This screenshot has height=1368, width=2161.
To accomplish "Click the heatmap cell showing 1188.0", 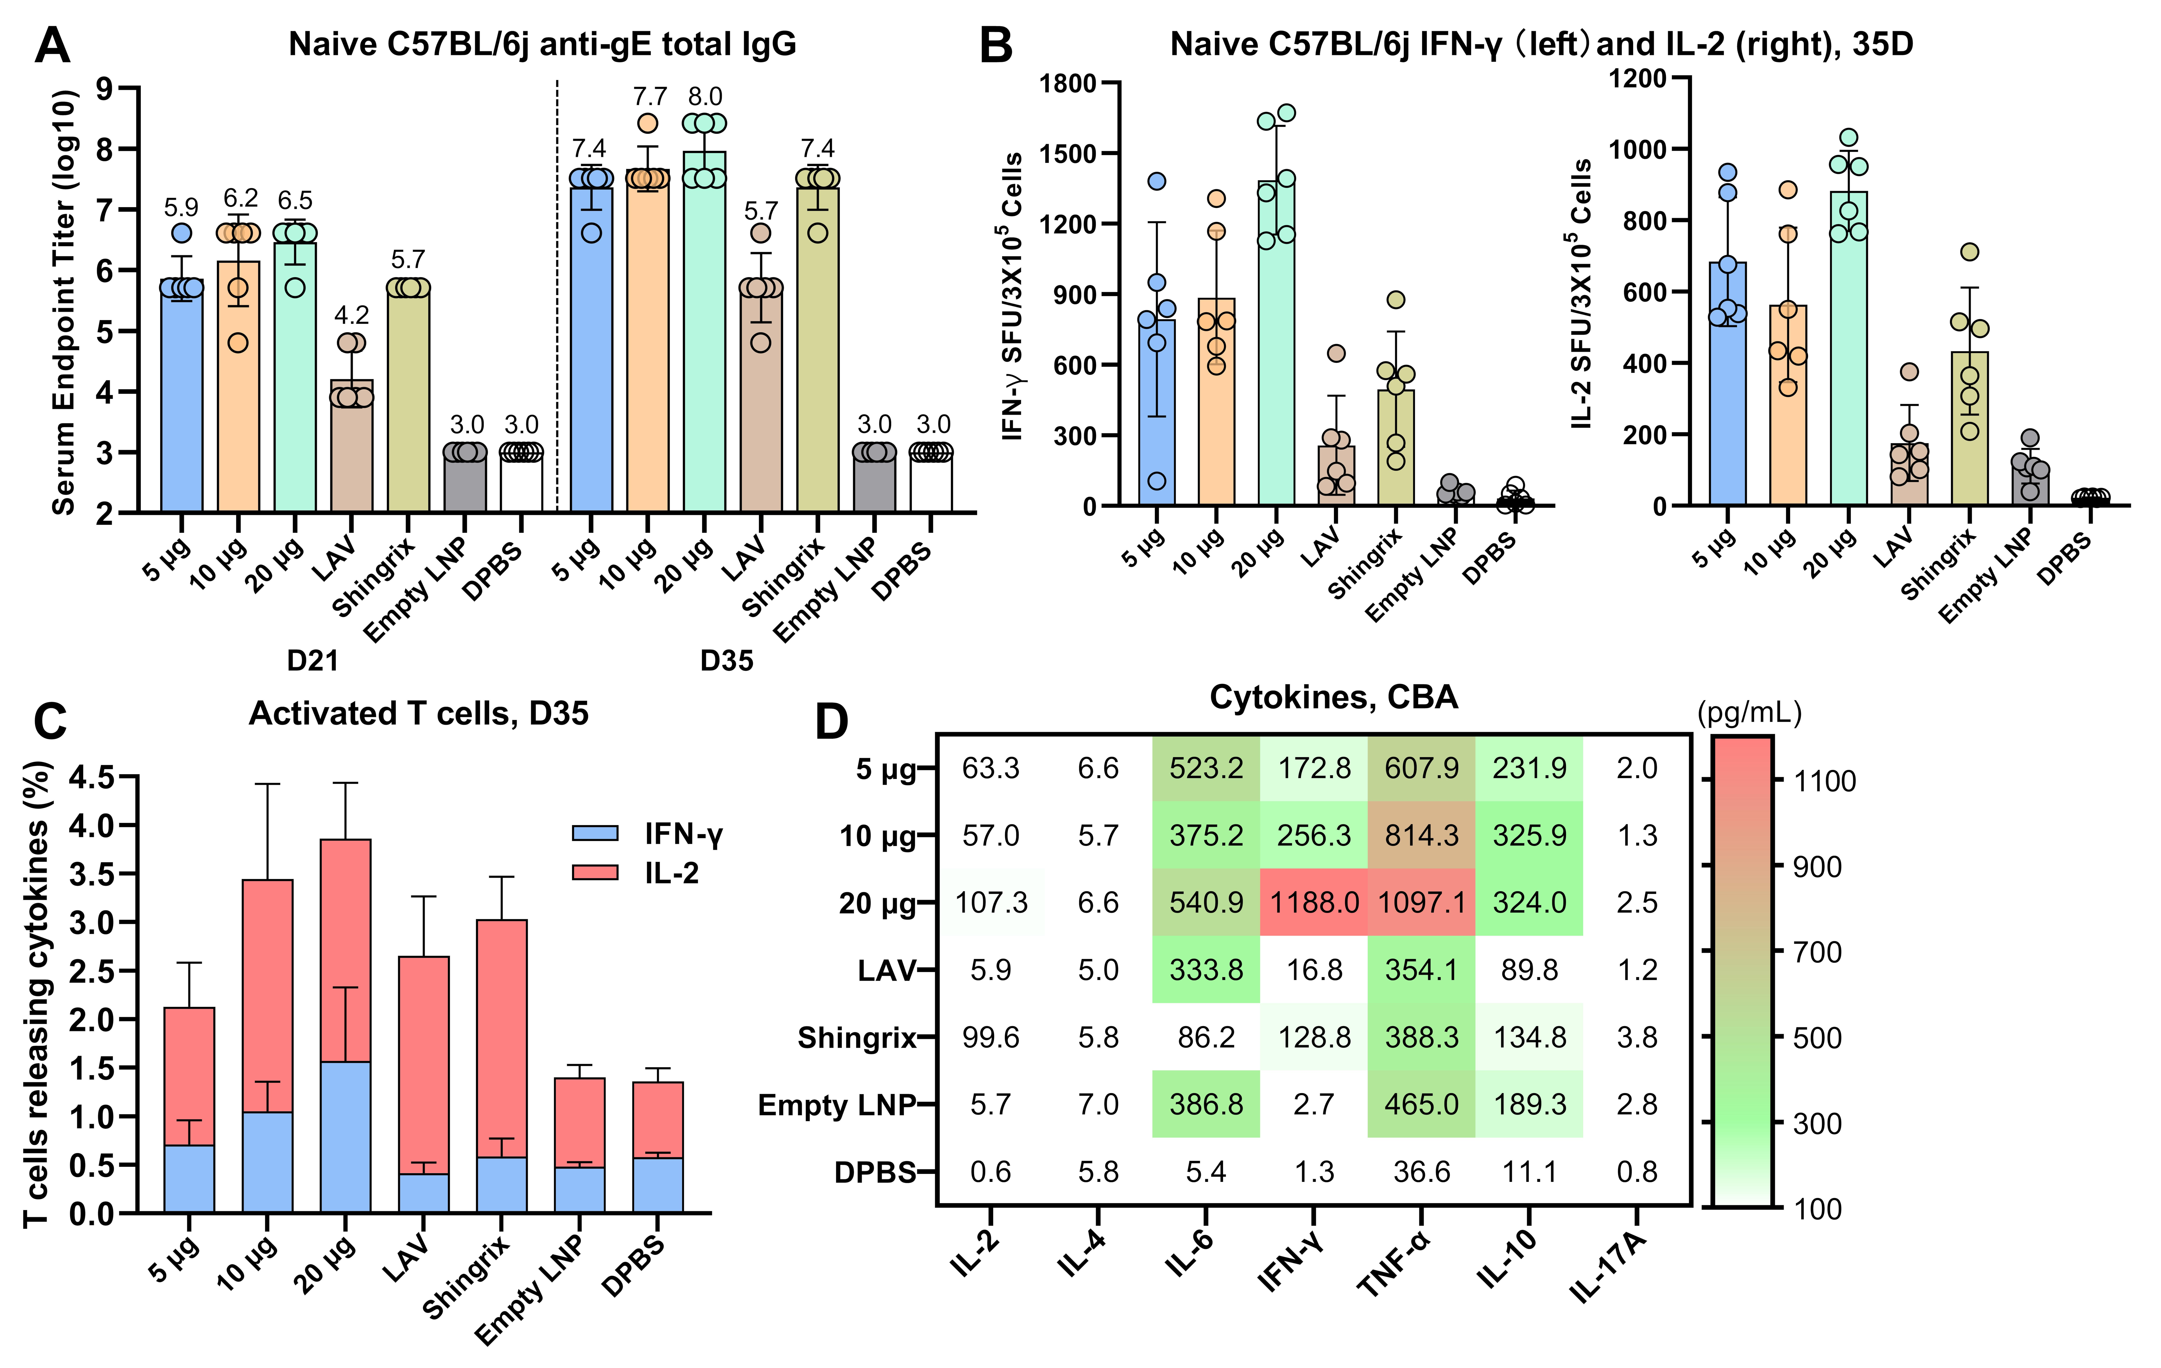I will [x=1314, y=902].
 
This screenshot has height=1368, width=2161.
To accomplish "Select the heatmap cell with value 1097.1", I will [x=1422, y=902].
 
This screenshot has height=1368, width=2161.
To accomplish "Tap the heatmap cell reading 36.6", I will [x=1422, y=1171].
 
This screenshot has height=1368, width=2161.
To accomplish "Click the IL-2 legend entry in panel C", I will [x=671, y=873].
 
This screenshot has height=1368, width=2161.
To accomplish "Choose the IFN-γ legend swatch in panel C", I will [x=595, y=833].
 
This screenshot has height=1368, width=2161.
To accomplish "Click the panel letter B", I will [x=996, y=45].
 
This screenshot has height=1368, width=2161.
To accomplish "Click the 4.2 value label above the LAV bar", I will [x=352, y=315].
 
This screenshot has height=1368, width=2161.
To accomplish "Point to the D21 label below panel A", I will [x=312, y=661].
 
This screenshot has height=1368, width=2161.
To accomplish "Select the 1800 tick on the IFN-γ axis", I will [x=1068, y=83].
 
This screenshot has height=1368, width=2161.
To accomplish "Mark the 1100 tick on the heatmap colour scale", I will [x=1824, y=781].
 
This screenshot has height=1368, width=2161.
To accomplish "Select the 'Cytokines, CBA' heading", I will [x=1334, y=697].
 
